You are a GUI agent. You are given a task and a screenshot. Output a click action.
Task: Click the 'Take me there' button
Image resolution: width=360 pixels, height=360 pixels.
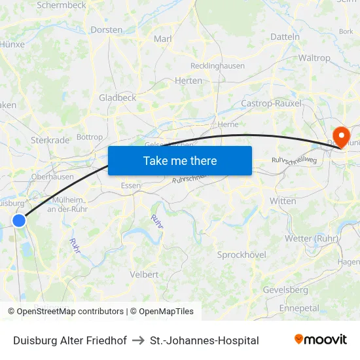180,160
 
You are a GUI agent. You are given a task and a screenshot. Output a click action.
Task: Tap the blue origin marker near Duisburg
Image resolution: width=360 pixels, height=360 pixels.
19,221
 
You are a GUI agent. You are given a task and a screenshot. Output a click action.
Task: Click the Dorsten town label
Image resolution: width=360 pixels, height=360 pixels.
107,29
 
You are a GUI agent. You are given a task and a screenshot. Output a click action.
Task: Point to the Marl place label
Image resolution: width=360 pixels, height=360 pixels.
162,39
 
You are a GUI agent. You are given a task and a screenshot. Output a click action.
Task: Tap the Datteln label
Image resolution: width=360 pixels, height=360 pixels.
285,37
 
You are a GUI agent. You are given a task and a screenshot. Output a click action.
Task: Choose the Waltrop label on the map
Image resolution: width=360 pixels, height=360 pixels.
314,58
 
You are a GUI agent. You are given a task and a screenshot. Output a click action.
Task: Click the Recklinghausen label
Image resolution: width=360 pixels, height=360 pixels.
217,66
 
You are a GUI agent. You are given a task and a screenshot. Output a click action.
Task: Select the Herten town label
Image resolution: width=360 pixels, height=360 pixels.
189,81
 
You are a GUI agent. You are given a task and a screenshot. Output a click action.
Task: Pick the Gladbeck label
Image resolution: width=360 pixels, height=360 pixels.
117,98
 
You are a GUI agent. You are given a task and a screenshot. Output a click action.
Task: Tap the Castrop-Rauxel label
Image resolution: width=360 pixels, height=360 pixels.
271,103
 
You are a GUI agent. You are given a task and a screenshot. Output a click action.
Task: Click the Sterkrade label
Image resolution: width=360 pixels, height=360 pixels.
50,140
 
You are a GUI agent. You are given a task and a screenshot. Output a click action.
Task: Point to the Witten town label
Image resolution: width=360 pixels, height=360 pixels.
283,201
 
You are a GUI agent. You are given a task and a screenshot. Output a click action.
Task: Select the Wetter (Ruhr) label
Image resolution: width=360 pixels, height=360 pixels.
312,238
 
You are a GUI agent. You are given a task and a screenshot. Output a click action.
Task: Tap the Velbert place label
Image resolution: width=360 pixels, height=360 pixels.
144,274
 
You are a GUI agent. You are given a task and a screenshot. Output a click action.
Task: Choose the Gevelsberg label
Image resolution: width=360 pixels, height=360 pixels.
285,289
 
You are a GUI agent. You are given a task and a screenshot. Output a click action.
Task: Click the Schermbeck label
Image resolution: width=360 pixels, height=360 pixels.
61,5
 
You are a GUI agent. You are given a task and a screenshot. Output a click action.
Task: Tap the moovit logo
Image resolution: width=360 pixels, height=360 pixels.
320,339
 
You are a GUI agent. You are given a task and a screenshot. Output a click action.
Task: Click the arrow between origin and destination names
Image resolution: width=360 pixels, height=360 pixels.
138,340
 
